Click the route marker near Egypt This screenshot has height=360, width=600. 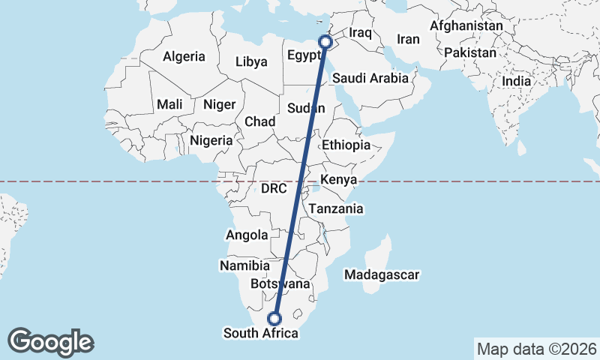point(325,42)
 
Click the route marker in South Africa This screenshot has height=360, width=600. point(275,318)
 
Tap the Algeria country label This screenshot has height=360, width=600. point(184,56)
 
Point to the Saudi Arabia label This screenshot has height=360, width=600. point(370,78)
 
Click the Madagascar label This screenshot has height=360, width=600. point(382,275)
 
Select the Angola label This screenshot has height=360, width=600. point(247,235)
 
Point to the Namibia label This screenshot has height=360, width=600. point(244,265)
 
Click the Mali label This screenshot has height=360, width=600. point(169,104)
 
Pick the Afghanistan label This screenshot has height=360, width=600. point(466,25)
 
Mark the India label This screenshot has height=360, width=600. point(516,81)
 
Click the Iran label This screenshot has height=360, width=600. point(408,39)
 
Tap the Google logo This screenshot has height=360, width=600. point(50,342)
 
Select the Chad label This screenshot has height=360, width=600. point(259,121)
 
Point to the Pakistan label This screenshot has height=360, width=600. point(470,53)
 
